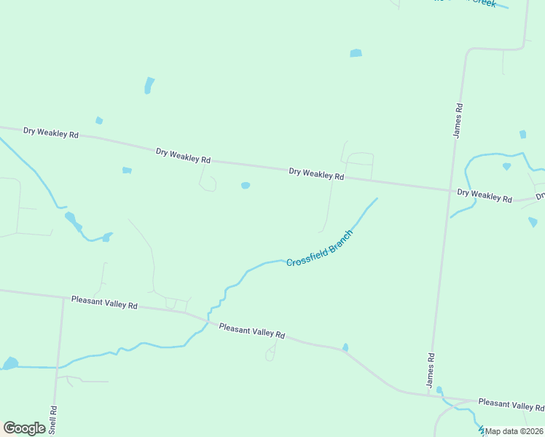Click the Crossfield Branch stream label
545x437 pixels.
(x=319, y=248)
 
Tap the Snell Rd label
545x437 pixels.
(x=53, y=420)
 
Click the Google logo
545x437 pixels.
(x=24, y=428)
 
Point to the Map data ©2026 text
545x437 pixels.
(x=514, y=431)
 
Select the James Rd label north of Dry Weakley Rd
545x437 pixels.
(x=458, y=120)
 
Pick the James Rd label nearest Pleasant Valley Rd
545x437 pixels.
(x=431, y=370)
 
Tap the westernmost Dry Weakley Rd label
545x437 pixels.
(x=50, y=133)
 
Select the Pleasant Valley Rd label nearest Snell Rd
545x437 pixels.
(x=104, y=302)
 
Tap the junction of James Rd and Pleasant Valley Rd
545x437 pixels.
(x=430, y=396)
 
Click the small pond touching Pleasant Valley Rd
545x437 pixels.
(x=345, y=347)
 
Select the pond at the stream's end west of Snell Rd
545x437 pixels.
(x=10, y=363)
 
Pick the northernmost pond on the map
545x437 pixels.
(x=356, y=53)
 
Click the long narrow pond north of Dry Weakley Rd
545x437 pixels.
(x=149, y=85)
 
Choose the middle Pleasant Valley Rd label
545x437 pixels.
(x=251, y=332)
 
